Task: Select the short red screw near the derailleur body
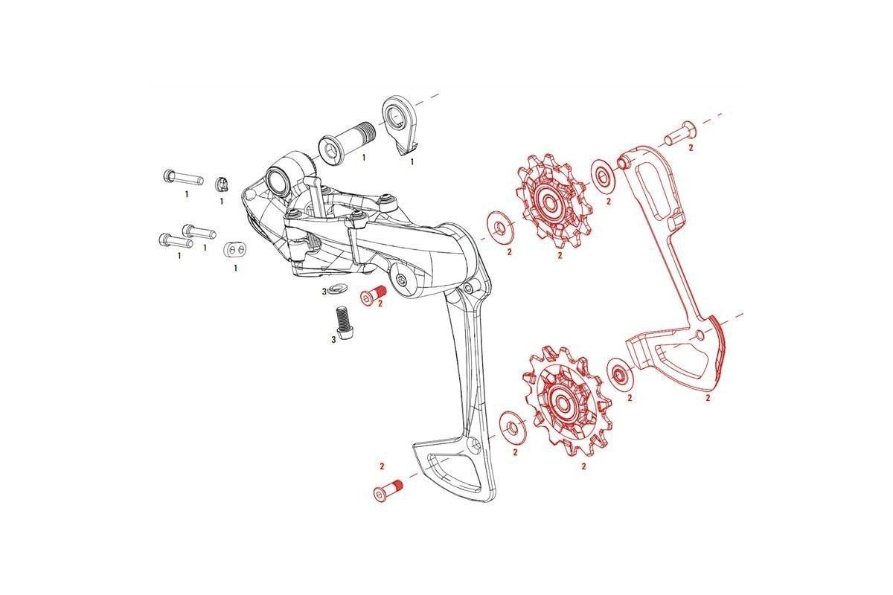(x=372, y=295)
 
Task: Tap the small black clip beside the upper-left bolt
(x=221, y=184)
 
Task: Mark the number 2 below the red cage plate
(x=708, y=398)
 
